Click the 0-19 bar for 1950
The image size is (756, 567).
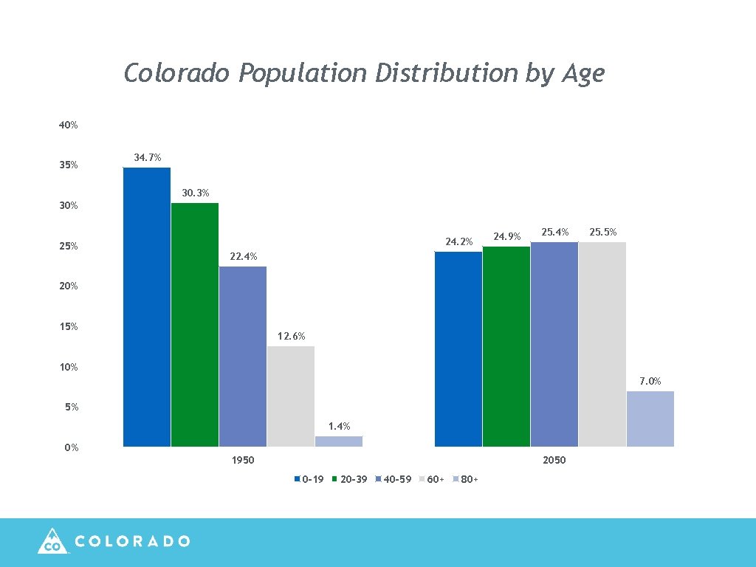[x=147, y=307]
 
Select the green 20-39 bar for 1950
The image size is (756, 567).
[x=195, y=325]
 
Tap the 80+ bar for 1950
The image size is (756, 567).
[x=339, y=441]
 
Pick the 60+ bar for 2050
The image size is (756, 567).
[x=602, y=344]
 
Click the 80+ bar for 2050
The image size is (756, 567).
[x=650, y=419]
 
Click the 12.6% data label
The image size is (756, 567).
[x=291, y=337]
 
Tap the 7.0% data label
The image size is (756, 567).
[x=650, y=381]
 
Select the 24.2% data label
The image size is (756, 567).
[x=458, y=241]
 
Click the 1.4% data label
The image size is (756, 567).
[x=339, y=427]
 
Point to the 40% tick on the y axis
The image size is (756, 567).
[x=69, y=126]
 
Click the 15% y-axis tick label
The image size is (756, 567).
[x=69, y=326]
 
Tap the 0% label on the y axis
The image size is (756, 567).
[x=71, y=447]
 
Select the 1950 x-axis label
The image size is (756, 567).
[x=243, y=461]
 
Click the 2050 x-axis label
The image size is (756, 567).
[x=554, y=461]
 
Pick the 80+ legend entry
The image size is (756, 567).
[x=465, y=480]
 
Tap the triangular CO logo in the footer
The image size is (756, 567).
[x=52, y=541]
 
